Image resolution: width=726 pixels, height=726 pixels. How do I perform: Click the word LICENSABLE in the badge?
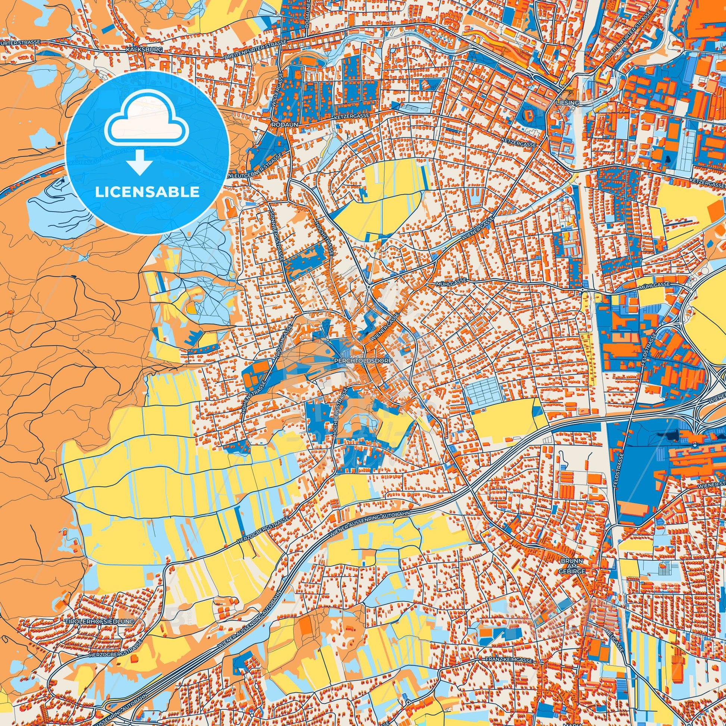pyautogui.click(x=147, y=192)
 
